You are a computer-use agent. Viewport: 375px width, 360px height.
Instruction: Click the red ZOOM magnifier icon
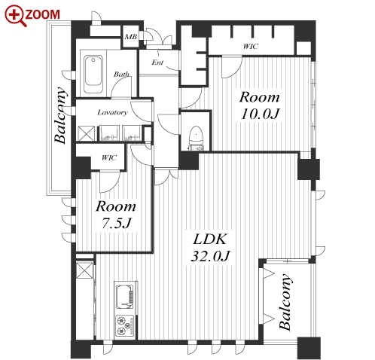coord(15,16)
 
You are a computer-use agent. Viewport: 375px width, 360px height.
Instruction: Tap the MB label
coord(131,37)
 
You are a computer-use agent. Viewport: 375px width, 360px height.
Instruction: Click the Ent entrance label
coord(157,62)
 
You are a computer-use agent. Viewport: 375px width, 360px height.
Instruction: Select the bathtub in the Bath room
coord(93,74)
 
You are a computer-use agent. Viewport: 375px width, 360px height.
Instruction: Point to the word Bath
coord(121,74)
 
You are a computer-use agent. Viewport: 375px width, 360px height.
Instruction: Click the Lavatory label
coord(112,112)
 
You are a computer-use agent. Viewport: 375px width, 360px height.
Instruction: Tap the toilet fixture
coord(196,138)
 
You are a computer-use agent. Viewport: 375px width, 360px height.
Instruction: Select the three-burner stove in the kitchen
coord(125,325)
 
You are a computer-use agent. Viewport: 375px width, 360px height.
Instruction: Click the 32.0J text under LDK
coord(210,256)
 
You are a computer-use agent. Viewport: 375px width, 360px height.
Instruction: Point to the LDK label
coord(210,239)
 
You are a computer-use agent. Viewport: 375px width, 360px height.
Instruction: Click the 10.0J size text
coord(260,114)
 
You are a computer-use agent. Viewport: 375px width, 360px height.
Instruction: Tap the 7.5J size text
coord(117,222)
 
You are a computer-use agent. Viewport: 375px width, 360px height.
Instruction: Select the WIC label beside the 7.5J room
coord(109,157)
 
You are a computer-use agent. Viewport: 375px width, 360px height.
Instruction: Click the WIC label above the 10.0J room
coord(251,46)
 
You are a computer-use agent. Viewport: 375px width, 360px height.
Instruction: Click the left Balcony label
coord(61,115)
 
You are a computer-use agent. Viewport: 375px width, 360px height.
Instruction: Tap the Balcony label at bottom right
coord(285,302)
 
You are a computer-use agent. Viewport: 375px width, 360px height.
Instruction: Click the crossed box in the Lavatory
coord(86,133)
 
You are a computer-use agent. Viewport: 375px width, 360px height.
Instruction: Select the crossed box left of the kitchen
coord(84,270)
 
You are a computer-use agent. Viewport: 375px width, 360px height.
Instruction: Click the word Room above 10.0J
coord(259,97)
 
